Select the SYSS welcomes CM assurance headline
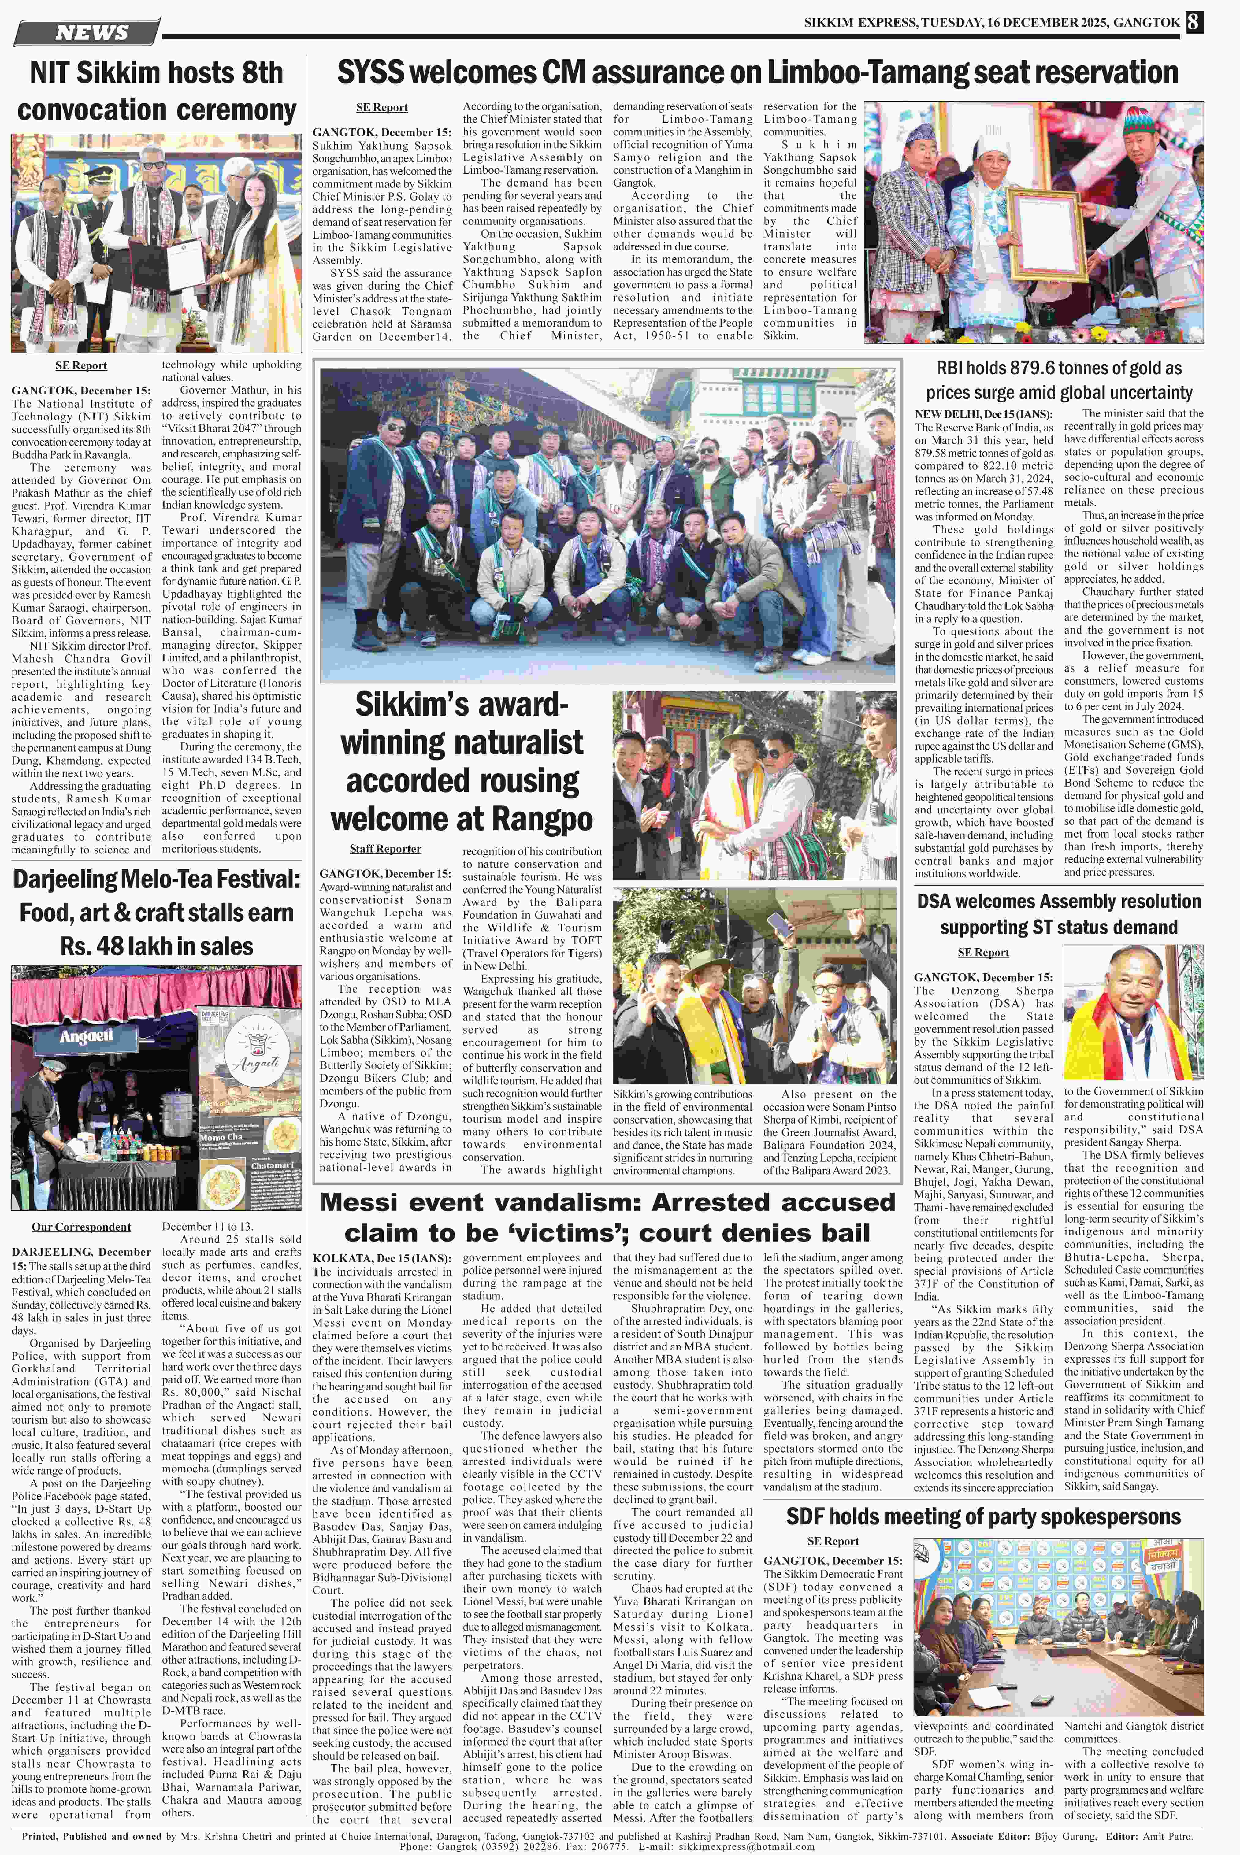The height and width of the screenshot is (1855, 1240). pos(758,73)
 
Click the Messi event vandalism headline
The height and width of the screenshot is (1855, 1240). pos(607,1218)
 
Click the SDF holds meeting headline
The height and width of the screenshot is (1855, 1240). pos(983,1516)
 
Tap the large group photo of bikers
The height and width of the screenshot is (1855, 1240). pos(607,525)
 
